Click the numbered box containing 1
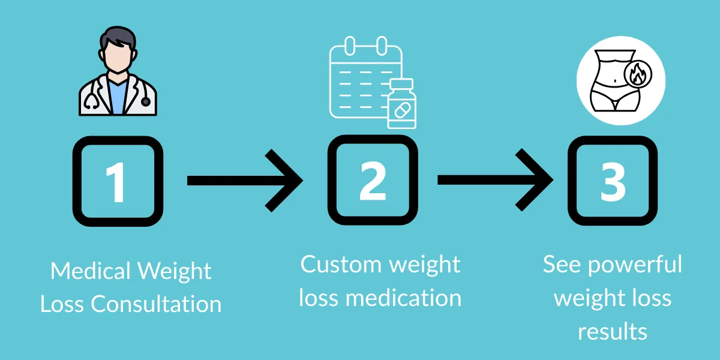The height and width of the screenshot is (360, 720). [118, 181]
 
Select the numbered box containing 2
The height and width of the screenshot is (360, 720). [373, 181]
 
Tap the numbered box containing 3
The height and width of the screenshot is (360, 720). [613, 181]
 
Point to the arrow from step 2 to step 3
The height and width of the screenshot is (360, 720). [495, 181]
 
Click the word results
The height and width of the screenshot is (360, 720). [613, 331]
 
